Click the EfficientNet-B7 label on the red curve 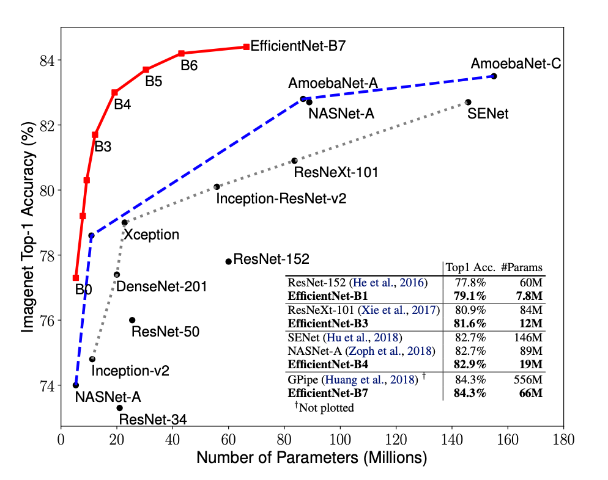298,45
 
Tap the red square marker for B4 114,92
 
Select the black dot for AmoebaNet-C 494,76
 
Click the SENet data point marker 468,102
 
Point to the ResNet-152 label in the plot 271,259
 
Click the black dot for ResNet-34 120,407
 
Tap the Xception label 152,235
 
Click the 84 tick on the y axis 47,60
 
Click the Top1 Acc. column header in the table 469,267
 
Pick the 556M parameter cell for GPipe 528,379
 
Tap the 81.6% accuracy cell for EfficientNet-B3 469,323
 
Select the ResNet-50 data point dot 132,320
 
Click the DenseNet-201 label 161,286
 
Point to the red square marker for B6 182,54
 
